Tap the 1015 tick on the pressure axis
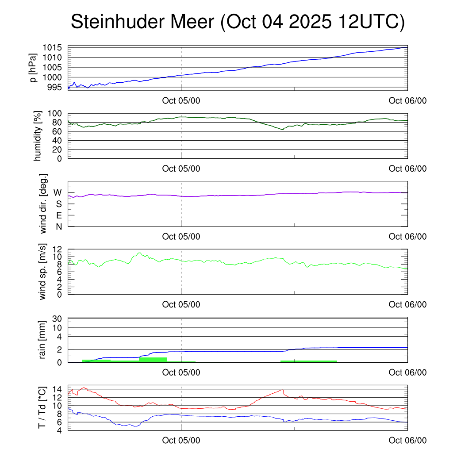tap(54, 48)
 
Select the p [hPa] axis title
tap(34, 68)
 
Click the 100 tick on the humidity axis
tap(54, 114)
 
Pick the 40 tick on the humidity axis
tap(57, 140)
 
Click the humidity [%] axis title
tap(39, 136)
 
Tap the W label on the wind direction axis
tap(58, 193)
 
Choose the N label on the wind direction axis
tap(58, 226)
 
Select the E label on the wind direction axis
tap(59, 215)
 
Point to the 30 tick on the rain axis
tap(57, 319)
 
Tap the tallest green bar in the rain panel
tap(153, 359)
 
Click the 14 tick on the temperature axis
tap(57, 389)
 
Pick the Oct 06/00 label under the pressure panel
tap(407, 101)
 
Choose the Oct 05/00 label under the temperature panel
tap(181, 440)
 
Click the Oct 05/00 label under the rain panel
tap(181, 372)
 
